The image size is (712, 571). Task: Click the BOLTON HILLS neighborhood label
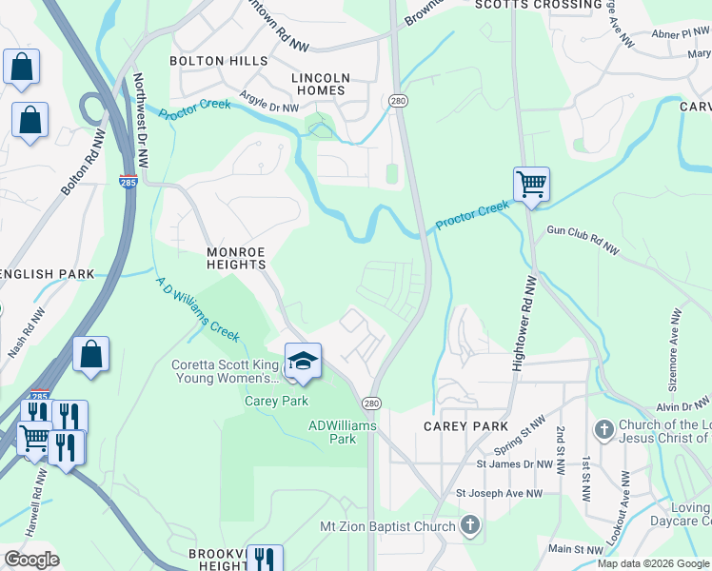tap(211, 61)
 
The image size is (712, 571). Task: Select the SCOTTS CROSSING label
tap(539, 6)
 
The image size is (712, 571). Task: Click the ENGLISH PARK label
tap(47, 274)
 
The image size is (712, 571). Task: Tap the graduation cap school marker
tap(303, 362)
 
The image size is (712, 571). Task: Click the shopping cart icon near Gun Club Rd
tap(531, 184)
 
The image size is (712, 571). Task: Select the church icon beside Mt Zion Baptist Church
tap(469, 524)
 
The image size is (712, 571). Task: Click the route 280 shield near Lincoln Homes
tap(398, 101)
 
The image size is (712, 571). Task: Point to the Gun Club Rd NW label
tap(583, 241)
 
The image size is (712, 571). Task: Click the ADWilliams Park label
tap(344, 432)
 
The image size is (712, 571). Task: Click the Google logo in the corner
tap(30, 560)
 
